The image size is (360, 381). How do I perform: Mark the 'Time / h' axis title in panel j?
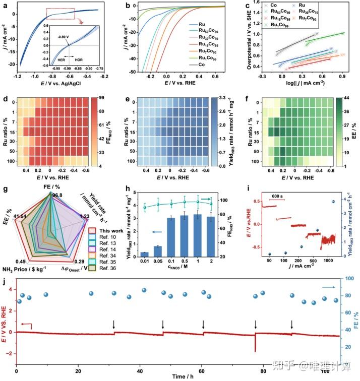pyautogui.click(x=177, y=376)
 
